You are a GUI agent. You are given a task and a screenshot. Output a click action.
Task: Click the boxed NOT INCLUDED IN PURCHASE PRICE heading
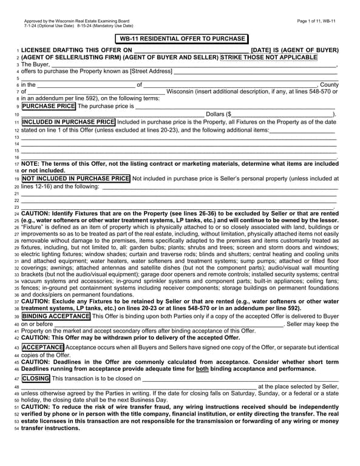76,178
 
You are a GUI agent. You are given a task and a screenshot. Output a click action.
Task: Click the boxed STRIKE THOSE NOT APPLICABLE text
268,57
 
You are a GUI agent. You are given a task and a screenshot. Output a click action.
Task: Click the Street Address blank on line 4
255,71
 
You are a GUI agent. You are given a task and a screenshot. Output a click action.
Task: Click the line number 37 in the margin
17,301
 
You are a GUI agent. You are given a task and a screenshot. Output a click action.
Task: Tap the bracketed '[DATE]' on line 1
264,50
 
